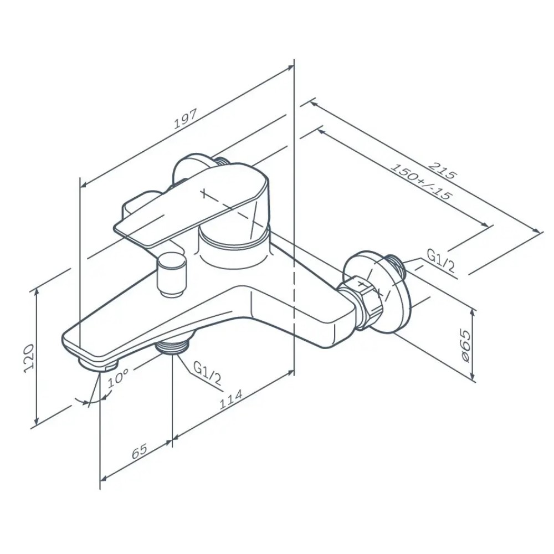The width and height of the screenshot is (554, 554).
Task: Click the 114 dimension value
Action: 230,399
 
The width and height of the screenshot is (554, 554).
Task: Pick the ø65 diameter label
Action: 465,346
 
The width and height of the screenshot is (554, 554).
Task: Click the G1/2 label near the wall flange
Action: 440,260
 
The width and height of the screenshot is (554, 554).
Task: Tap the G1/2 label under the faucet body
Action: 207,374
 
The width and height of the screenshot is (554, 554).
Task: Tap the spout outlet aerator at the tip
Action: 99,363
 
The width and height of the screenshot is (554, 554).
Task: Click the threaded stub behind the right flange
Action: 396,263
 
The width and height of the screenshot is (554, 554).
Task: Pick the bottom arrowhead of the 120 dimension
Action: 36,422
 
